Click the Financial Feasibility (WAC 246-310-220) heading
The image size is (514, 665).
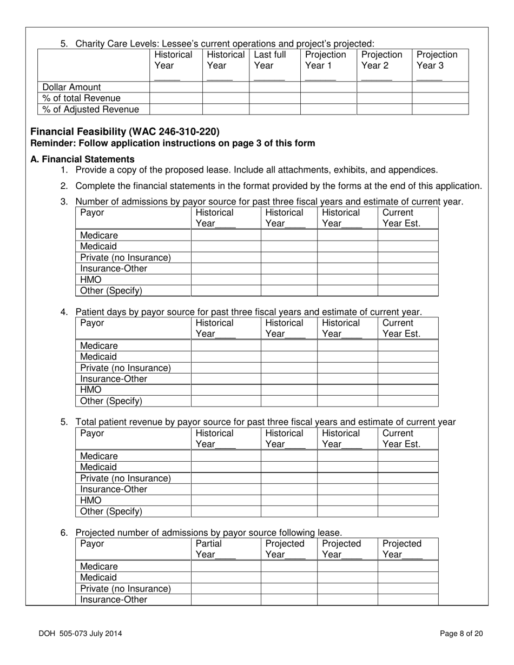tap(125, 132)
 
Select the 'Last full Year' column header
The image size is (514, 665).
tap(269, 60)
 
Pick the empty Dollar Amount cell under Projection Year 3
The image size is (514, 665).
tap(440, 87)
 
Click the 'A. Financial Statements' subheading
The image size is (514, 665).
tap(82, 159)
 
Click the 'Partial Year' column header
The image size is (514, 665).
tap(209, 549)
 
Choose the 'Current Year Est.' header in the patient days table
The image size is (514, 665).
tap(401, 328)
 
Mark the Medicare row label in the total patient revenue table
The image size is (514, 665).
tap(99, 456)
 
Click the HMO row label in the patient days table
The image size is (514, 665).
tap(91, 390)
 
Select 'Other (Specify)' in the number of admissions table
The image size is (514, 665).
tap(111, 291)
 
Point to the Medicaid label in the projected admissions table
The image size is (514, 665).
tap(98, 577)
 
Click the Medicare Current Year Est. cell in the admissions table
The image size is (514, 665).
tap(407, 235)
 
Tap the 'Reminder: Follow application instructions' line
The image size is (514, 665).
tap(173, 143)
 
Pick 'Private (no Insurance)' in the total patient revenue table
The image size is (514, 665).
tap(126, 478)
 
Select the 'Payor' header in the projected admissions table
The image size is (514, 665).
tap(92, 543)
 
